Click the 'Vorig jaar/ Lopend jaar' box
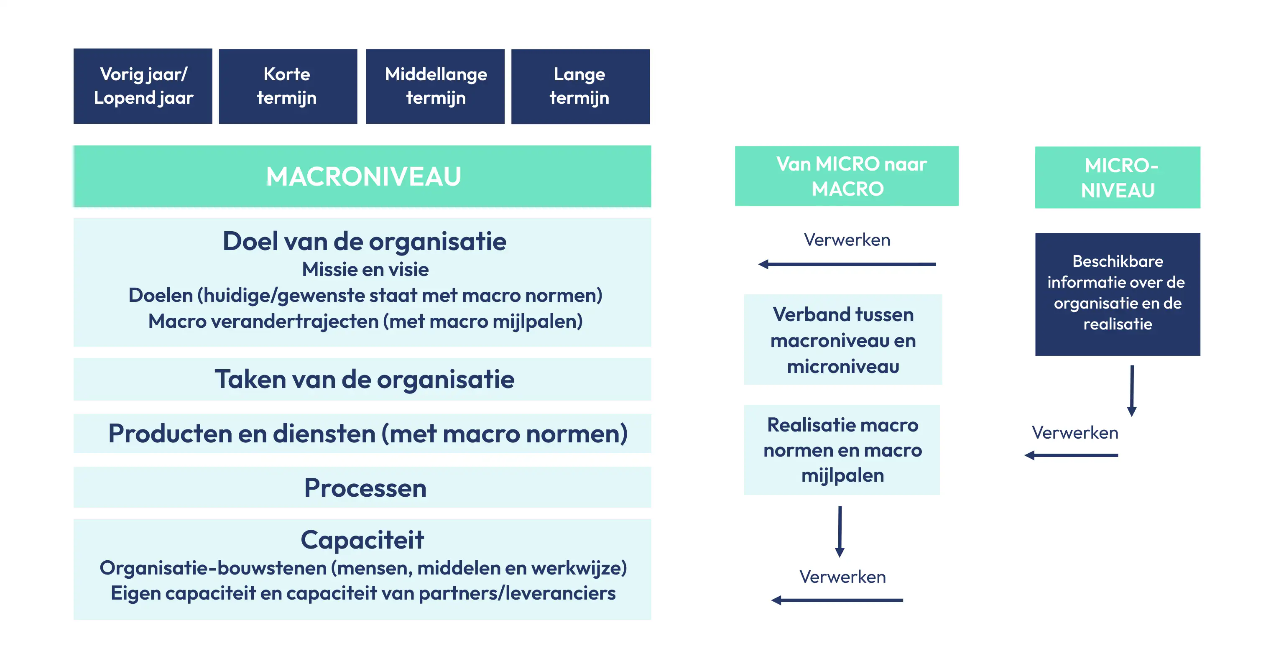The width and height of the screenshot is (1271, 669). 143,86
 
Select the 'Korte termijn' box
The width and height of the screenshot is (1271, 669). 288,86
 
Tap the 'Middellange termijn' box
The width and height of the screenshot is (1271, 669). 435,86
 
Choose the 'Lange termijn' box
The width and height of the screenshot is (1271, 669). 580,86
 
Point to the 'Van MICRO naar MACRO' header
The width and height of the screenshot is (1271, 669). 847,176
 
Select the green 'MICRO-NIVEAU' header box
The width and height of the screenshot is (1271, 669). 1118,177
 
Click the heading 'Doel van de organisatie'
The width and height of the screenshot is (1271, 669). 364,241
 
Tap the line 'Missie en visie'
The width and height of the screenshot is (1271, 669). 365,269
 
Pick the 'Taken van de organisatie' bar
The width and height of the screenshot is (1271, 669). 362,379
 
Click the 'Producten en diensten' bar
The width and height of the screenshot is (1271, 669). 362,433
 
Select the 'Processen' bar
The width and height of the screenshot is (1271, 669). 362,487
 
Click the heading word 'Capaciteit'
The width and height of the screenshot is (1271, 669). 362,539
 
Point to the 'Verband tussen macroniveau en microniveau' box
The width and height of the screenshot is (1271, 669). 843,340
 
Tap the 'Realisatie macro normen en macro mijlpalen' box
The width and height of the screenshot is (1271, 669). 842,449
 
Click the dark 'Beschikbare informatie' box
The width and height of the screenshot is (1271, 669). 1118,294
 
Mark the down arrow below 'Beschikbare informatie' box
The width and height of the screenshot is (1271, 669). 1132,391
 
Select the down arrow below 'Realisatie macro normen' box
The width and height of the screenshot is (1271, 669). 840,531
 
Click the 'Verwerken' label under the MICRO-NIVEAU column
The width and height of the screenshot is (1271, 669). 1075,433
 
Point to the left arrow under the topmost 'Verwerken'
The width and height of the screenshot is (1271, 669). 847,264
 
